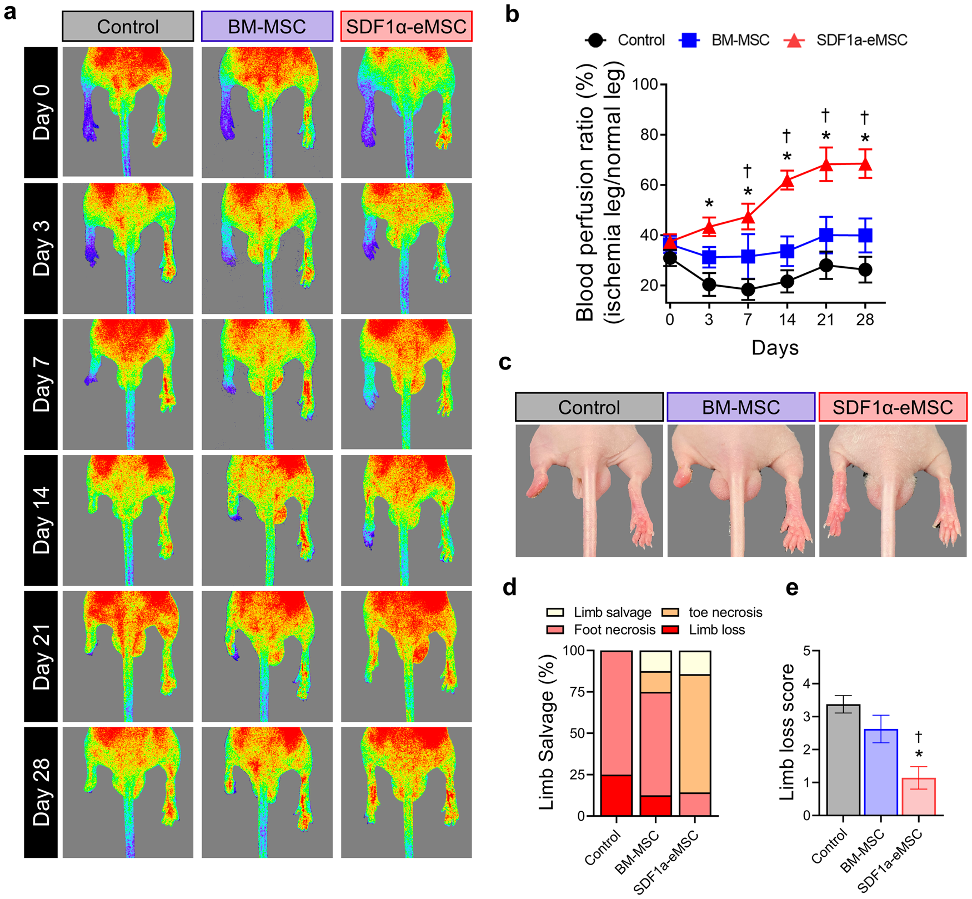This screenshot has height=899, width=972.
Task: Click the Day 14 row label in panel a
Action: point(41,520)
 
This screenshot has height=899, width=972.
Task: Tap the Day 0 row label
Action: point(41,112)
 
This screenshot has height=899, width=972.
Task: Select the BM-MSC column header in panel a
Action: point(267,27)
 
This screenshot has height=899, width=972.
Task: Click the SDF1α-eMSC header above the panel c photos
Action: point(893,407)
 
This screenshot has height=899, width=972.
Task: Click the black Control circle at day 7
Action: point(748,289)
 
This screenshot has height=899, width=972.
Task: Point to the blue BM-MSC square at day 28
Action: point(865,235)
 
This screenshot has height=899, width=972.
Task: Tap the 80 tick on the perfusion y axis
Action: point(649,135)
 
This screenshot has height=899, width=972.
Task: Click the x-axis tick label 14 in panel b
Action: point(786,320)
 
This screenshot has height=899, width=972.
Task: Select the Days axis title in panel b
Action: point(775,348)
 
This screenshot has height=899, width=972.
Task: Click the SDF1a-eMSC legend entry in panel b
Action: point(861,40)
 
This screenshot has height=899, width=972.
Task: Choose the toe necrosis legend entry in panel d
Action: point(725,612)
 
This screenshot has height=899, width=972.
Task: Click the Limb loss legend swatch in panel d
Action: point(670,630)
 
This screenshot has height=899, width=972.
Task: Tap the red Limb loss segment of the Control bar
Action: point(616,795)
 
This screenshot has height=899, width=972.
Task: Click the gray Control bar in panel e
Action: point(843,760)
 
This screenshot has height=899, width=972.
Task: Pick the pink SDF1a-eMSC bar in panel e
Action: point(919,797)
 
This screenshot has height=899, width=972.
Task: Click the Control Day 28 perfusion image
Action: point(128,792)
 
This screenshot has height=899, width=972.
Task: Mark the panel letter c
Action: point(505,362)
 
